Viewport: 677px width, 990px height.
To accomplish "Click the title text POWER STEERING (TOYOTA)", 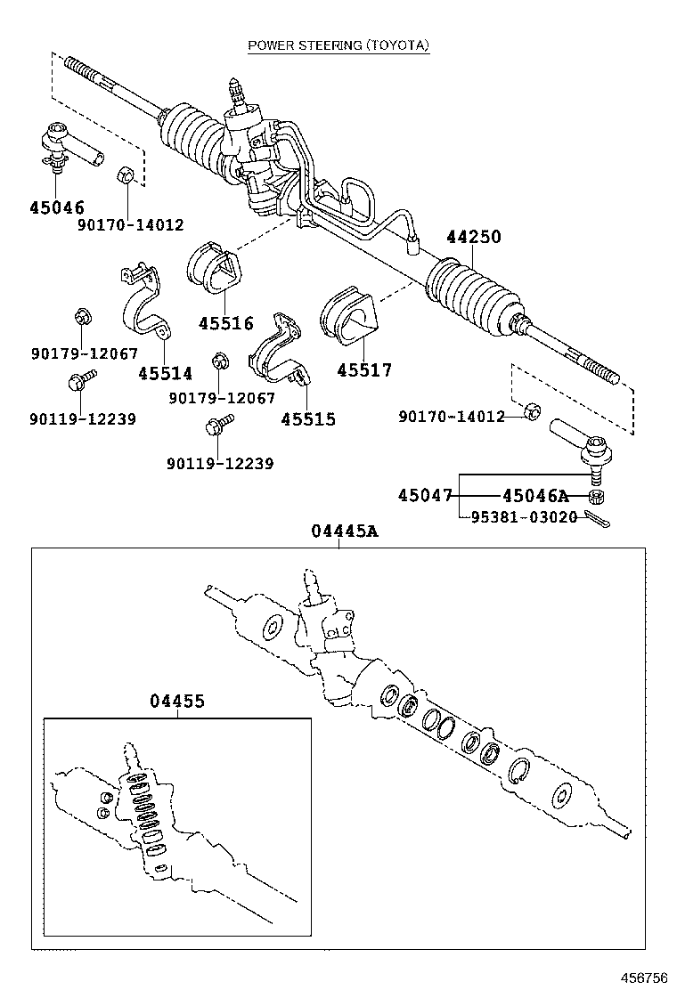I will [x=338, y=45].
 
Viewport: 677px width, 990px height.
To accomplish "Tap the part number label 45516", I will [x=225, y=324].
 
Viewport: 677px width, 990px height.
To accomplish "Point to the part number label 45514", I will [x=165, y=373].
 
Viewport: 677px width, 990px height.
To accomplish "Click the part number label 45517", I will [x=364, y=370].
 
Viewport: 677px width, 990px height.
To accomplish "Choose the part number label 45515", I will [x=308, y=418].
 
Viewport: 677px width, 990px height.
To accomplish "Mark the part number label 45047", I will [x=425, y=495].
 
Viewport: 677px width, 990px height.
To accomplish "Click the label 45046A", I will [x=534, y=495].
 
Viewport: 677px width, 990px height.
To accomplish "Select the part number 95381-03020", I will [x=524, y=516].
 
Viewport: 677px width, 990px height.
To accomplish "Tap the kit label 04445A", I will [x=345, y=532].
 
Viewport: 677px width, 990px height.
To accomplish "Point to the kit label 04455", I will [x=176, y=702].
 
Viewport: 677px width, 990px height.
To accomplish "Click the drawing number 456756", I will [x=643, y=978].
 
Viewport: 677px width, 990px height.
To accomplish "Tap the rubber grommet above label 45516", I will [x=214, y=268].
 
